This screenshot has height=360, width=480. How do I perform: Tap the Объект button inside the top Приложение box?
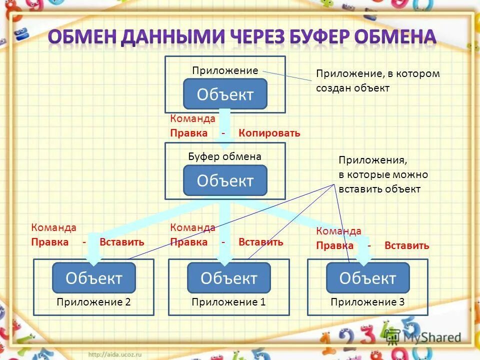pos(225,94)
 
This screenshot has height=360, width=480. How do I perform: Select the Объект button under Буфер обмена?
pos(225,180)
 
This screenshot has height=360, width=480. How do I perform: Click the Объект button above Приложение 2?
pos(94,278)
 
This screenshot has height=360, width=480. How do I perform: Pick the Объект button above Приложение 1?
pos(228,278)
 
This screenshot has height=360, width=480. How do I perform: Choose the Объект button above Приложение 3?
pos(367,278)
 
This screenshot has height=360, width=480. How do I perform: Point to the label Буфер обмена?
pos(224,157)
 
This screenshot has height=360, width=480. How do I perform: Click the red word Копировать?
pos(269,133)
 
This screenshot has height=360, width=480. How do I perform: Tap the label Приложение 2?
pos(93,302)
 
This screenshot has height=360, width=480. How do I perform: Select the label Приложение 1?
pos(228,302)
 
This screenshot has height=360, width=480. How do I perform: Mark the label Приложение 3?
pos(367,302)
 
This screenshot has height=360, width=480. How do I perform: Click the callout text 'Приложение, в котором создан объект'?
pos(377,81)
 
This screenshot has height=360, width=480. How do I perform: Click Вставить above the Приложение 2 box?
pos(122,242)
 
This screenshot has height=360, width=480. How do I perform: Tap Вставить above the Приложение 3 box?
pos(406,245)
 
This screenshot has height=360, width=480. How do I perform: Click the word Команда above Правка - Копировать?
pos(192,119)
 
